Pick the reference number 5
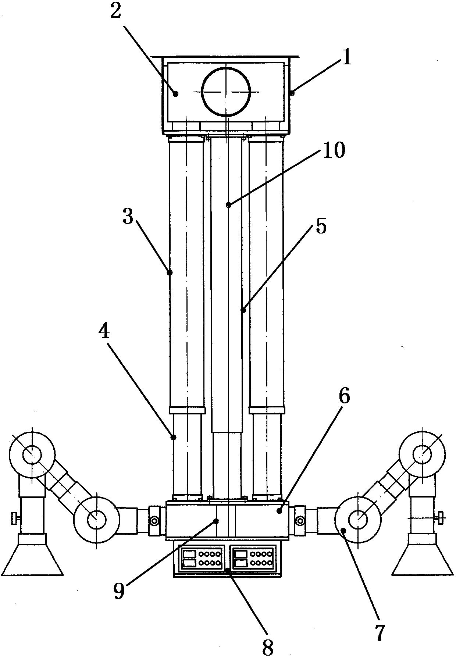(321, 227)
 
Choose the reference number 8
(268, 647)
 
